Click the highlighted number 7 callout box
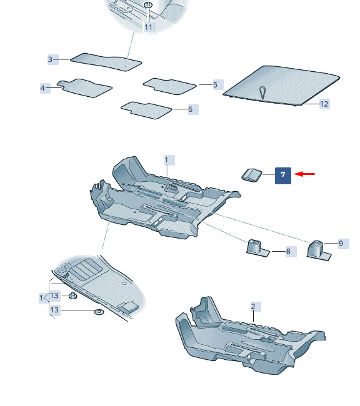tap(282, 176)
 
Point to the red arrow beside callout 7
tap(304, 174)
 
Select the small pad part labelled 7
tap(252, 175)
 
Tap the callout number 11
tap(149, 27)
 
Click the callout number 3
tap(50, 59)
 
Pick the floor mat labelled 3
tap(106, 62)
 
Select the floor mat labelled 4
tap(84, 88)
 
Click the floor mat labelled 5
tap(169, 86)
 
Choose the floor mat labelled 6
tap(146, 111)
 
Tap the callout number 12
tap(324, 104)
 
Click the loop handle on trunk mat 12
tap(262, 92)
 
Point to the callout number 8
tap(288, 252)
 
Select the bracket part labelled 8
tap(257, 248)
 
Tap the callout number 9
tap(341, 244)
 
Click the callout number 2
tap(253, 307)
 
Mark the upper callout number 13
tap(54, 295)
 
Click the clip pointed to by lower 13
tap(99, 312)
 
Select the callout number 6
tap(191, 109)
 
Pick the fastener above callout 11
tap(148, 4)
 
